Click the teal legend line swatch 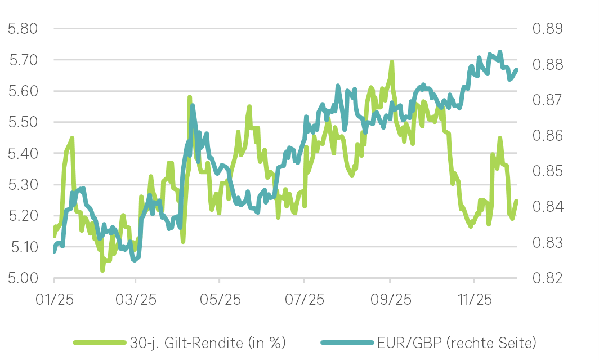click(x=347, y=343)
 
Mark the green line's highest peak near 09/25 click(x=391, y=63)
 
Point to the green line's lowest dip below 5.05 click(x=102, y=270)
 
